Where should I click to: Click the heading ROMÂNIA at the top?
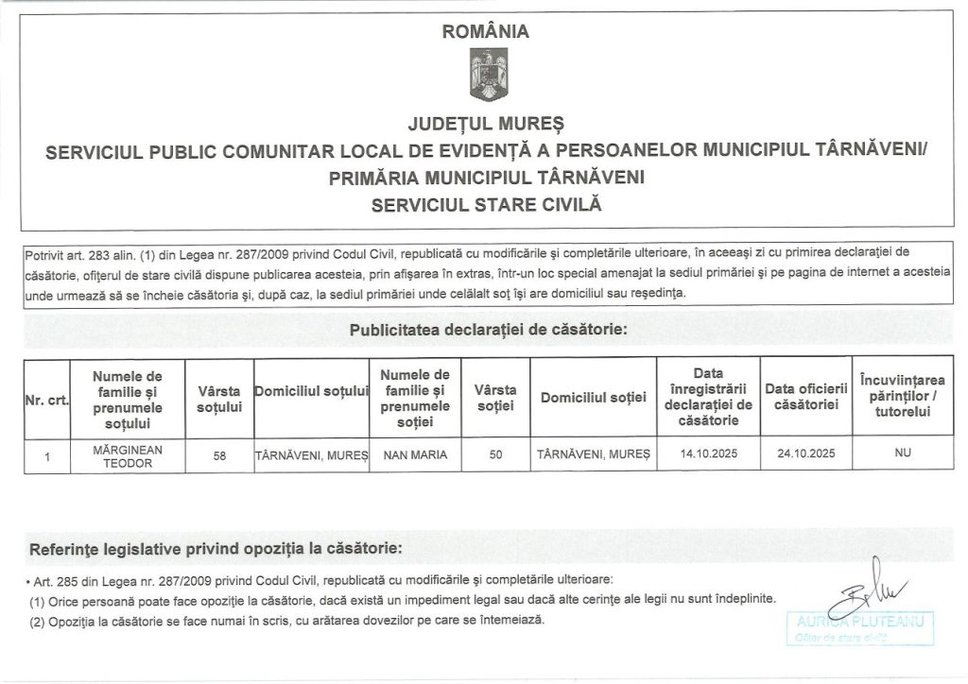click(x=486, y=31)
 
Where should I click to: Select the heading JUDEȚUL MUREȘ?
click(x=485, y=125)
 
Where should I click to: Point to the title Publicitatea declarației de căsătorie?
click(x=488, y=331)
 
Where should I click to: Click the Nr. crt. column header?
click(x=44, y=400)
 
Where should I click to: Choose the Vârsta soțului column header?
click(x=219, y=400)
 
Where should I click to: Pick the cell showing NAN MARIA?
click(x=415, y=455)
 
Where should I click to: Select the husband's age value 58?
click(x=219, y=455)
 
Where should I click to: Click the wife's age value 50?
click(x=495, y=455)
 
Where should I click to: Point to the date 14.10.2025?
click(x=708, y=454)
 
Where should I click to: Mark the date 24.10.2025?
click(x=804, y=454)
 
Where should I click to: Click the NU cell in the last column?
click(x=902, y=454)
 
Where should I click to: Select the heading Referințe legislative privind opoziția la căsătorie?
click(x=215, y=549)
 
